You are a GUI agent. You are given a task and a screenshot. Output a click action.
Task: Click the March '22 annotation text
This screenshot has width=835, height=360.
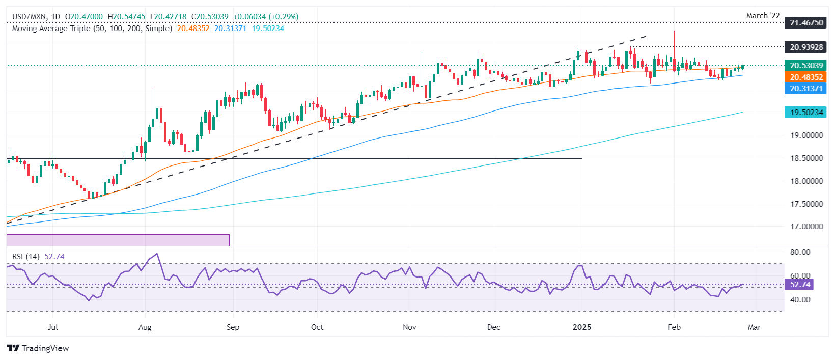coord(763,16)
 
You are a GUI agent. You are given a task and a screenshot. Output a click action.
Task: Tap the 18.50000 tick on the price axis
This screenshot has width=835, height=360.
coord(806,158)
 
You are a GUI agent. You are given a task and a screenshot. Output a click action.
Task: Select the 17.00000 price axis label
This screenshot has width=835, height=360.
coord(806,227)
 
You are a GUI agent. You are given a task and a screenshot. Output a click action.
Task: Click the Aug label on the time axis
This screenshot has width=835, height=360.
coord(145,327)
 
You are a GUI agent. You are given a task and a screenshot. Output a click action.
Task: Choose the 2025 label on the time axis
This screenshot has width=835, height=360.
coord(582,327)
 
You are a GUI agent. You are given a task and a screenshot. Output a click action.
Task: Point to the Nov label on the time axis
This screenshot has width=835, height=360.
coord(409,327)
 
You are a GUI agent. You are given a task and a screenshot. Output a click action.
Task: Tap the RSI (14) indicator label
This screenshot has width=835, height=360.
coord(26,257)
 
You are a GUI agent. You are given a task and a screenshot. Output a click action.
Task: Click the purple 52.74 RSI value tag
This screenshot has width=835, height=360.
coord(799,284)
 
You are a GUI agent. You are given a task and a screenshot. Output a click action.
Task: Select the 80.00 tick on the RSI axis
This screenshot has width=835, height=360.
coord(800,252)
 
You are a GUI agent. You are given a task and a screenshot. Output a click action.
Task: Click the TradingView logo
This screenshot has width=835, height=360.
coord(38,348)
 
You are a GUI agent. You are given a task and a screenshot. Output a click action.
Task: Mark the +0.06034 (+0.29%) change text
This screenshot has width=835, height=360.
coord(266,17)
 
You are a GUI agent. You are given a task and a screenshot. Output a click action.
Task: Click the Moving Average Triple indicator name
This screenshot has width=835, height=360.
coord(92,29)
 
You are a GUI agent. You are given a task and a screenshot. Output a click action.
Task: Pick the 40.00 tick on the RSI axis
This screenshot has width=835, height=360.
coord(800,300)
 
